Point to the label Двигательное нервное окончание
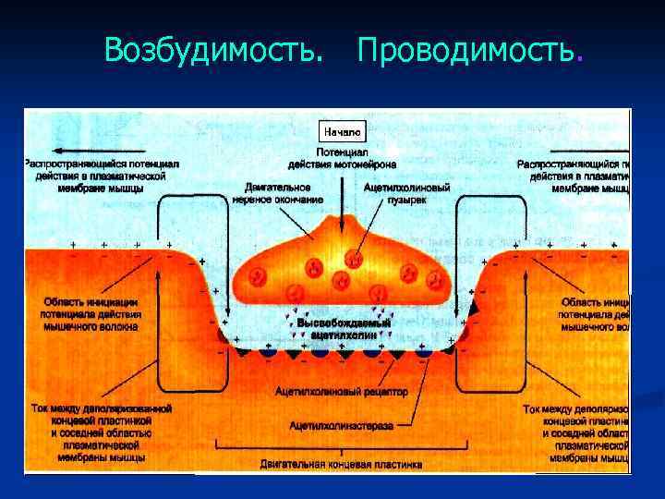pos(277,192)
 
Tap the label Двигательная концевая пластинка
pos(341,462)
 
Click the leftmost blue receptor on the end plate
pos(268,352)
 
